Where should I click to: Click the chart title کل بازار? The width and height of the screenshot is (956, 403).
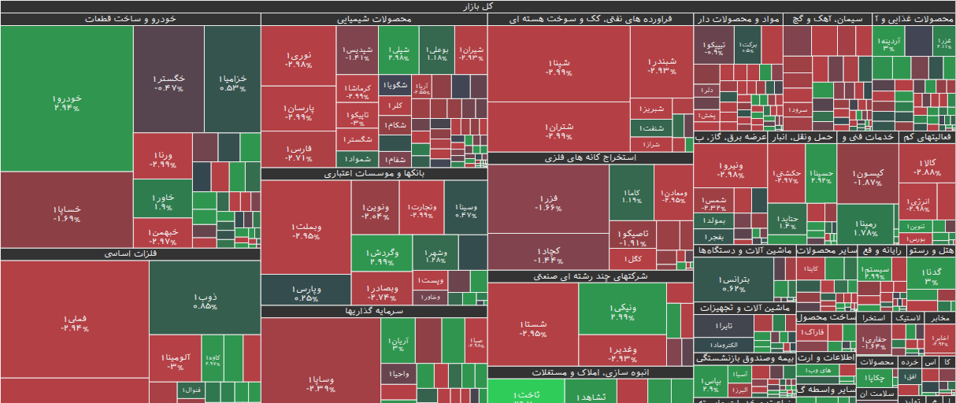pos(478,6)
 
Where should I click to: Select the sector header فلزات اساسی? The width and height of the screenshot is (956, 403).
pos(130,254)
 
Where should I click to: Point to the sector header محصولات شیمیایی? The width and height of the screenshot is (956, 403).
pos(374,19)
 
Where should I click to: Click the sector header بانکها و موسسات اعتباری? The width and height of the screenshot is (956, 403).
pos(374,174)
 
